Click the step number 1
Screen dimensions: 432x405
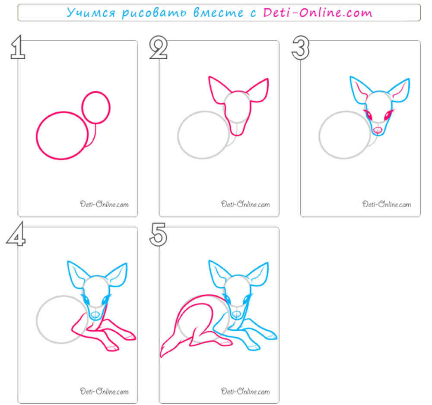pyautogui.click(x=18, y=47)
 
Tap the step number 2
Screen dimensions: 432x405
pyautogui.click(x=159, y=47)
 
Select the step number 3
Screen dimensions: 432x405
pyautogui.click(x=301, y=47)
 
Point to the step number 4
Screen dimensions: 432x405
pyautogui.click(x=16, y=234)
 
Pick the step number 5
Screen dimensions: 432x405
pyautogui.click(x=159, y=234)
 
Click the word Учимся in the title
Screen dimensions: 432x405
pyautogui.click(x=91, y=13)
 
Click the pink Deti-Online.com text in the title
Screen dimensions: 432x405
pyautogui.click(x=318, y=13)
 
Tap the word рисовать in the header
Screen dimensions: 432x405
pyautogui.click(x=154, y=13)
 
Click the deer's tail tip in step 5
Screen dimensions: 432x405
pyautogui.click(x=162, y=356)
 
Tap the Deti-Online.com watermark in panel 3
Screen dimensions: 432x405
pyautogui.click(x=387, y=204)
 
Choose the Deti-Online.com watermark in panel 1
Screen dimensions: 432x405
pyautogui.click(x=104, y=204)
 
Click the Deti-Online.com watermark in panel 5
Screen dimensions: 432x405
pyautogui.click(x=245, y=391)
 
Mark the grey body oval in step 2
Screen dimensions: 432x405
pyautogui.click(x=178, y=135)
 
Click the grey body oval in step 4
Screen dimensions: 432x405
pyautogui.click(x=37, y=320)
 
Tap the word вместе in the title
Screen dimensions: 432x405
pyautogui.click(x=219, y=13)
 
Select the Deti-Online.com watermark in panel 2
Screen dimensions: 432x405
pyautogui.click(x=245, y=204)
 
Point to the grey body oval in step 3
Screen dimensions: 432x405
pyautogui.click(x=319, y=135)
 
